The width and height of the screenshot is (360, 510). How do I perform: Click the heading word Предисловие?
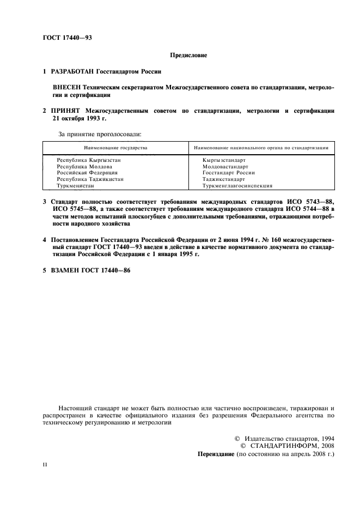(188, 55)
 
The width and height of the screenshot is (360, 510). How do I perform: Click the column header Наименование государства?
(115, 148)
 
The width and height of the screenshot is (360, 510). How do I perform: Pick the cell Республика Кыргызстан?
(89, 160)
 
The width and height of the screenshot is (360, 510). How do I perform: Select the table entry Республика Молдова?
(84, 167)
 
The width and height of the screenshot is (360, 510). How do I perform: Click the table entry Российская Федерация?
(87, 173)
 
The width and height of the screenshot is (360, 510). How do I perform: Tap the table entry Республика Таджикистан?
(90, 179)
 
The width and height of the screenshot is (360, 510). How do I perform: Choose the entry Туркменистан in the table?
(76, 186)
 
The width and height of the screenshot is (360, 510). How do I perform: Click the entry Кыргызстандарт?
(224, 160)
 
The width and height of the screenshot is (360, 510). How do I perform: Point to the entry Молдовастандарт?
(225, 167)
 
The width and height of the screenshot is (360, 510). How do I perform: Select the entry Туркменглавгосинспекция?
(237, 186)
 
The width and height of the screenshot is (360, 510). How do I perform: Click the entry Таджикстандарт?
(224, 179)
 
